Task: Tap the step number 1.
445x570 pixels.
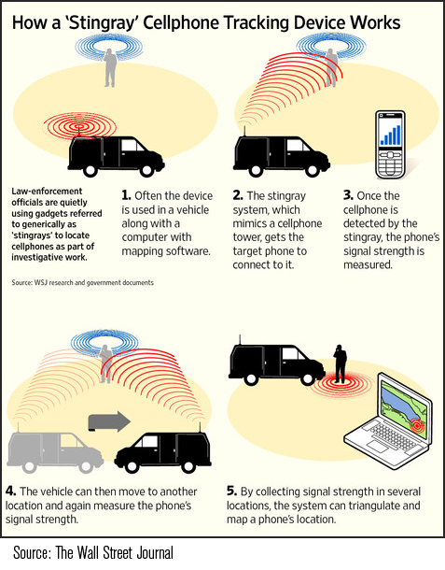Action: tap(126, 195)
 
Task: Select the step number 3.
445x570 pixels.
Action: tap(348, 195)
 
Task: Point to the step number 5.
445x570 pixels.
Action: tap(231, 492)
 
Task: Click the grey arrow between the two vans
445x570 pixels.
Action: tap(109, 421)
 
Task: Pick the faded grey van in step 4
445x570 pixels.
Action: tap(55, 451)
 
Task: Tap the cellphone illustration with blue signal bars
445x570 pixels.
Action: tap(390, 145)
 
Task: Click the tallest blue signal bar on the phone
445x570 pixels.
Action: tap(398, 135)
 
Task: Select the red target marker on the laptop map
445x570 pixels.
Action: tap(416, 426)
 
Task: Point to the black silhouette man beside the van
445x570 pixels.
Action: tap(341, 363)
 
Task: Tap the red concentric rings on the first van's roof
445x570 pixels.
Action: tap(79, 126)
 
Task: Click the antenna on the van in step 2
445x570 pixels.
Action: tap(244, 131)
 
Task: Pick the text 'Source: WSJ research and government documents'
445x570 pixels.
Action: tap(82, 282)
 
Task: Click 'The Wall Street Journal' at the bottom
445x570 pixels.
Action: tap(114, 552)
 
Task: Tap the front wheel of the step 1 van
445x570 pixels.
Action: tap(147, 169)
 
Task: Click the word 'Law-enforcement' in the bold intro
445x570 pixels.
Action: tap(47, 192)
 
